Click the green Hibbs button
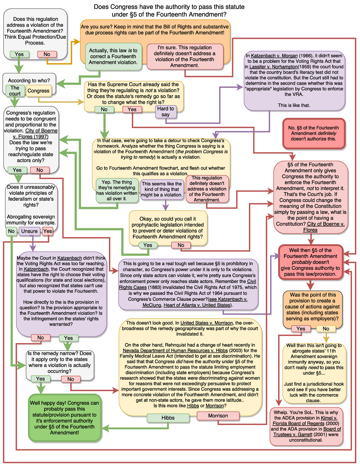168,418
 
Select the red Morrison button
218,416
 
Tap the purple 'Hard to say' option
166,112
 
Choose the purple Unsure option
29,231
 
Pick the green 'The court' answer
15,91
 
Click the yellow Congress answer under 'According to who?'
38,91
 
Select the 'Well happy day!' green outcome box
64,418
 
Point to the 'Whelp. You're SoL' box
306,426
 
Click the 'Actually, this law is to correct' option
113,56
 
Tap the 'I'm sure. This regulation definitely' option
185,56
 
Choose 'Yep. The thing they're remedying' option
117,190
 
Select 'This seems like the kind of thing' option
162,189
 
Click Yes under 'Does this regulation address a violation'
19,54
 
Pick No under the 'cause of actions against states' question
326,329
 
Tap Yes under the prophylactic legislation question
148,245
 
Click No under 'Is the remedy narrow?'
70,379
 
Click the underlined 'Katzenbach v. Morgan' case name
274,56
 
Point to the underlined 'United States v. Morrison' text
206,323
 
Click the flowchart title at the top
169,11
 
